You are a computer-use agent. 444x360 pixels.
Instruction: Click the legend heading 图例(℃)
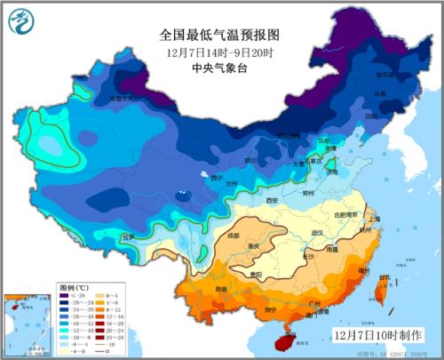pos(73,289)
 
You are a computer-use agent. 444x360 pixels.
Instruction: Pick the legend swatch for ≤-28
pos(67,298)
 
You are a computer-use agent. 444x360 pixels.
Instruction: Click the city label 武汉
pos(316,233)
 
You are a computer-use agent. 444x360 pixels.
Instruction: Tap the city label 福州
pos(364,268)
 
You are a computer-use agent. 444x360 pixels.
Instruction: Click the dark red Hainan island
pos(286,333)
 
